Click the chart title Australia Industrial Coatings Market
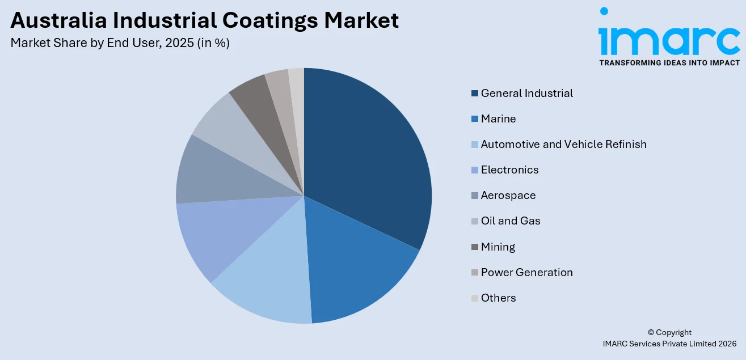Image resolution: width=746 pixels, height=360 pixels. (204, 21)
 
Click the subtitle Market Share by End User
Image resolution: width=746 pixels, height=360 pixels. (120, 43)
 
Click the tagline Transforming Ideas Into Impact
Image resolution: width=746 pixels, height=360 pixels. (669, 62)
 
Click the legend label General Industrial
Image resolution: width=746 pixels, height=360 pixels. (526, 93)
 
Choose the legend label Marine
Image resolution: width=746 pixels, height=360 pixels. (498, 118)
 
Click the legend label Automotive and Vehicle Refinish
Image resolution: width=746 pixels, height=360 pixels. (563, 144)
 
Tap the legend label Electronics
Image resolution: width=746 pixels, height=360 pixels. (509, 170)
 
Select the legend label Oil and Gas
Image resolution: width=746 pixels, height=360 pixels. (511, 221)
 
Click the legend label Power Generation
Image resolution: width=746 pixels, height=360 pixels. (526, 272)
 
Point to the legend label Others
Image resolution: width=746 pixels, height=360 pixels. (498, 298)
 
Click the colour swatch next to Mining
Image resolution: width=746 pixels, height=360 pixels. (474, 247)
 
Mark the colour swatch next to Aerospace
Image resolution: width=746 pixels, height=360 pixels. (474, 196)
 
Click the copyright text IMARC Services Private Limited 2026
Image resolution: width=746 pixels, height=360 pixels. (669, 344)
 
